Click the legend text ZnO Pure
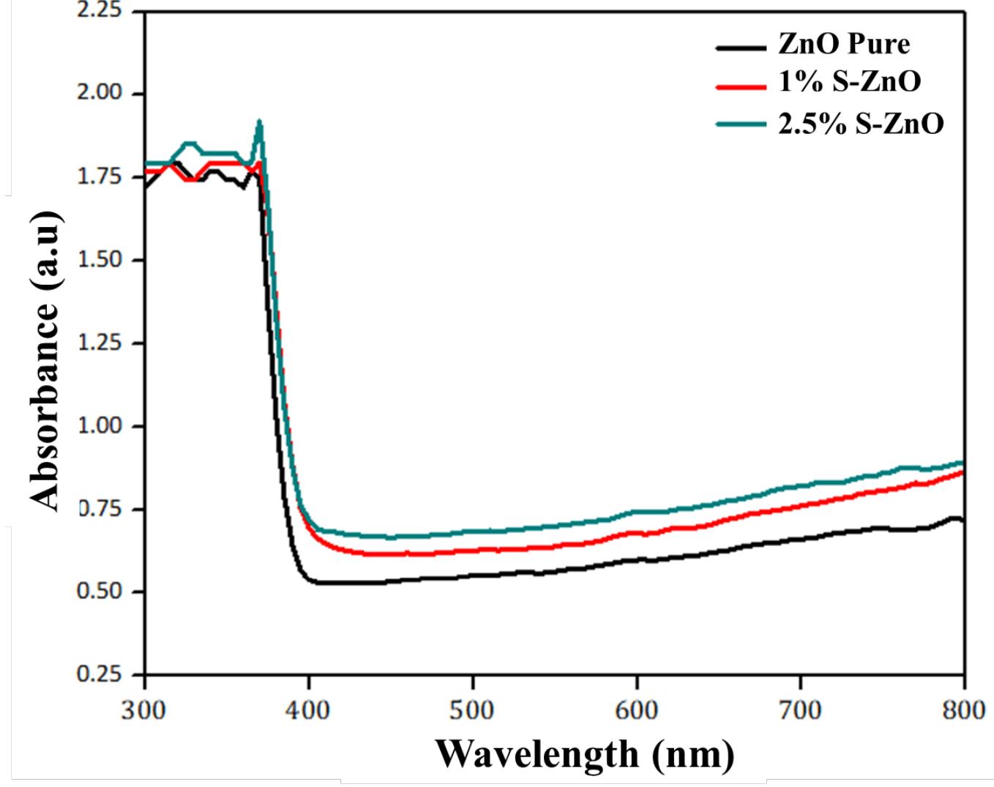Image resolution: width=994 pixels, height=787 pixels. click(843, 44)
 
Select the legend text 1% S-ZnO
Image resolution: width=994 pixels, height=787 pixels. click(849, 82)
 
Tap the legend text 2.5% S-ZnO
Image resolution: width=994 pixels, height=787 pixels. click(861, 123)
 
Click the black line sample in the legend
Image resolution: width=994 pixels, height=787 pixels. click(740, 48)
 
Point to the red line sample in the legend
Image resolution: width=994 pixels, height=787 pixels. click(740, 87)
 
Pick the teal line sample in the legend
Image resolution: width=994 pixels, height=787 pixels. click(740, 125)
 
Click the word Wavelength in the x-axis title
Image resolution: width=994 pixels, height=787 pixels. click(537, 754)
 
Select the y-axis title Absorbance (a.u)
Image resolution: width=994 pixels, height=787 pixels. click(45, 360)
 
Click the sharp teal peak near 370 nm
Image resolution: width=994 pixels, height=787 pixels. click(259, 123)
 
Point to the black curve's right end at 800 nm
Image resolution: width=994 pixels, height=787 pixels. click(962, 520)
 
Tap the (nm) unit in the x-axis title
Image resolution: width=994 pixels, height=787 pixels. click(692, 754)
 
